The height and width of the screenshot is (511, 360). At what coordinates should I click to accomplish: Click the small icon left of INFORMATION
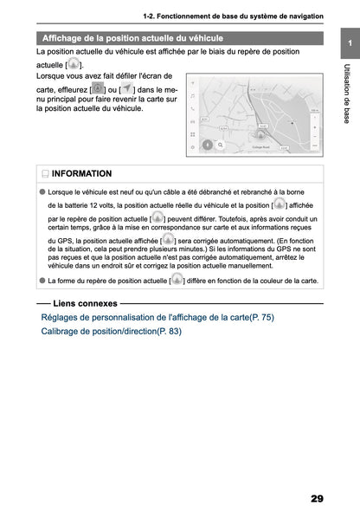pos(46,174)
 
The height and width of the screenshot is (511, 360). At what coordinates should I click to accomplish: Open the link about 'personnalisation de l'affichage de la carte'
pos(157,318)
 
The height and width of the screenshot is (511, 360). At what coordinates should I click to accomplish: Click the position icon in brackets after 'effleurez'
pos(98,89)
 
